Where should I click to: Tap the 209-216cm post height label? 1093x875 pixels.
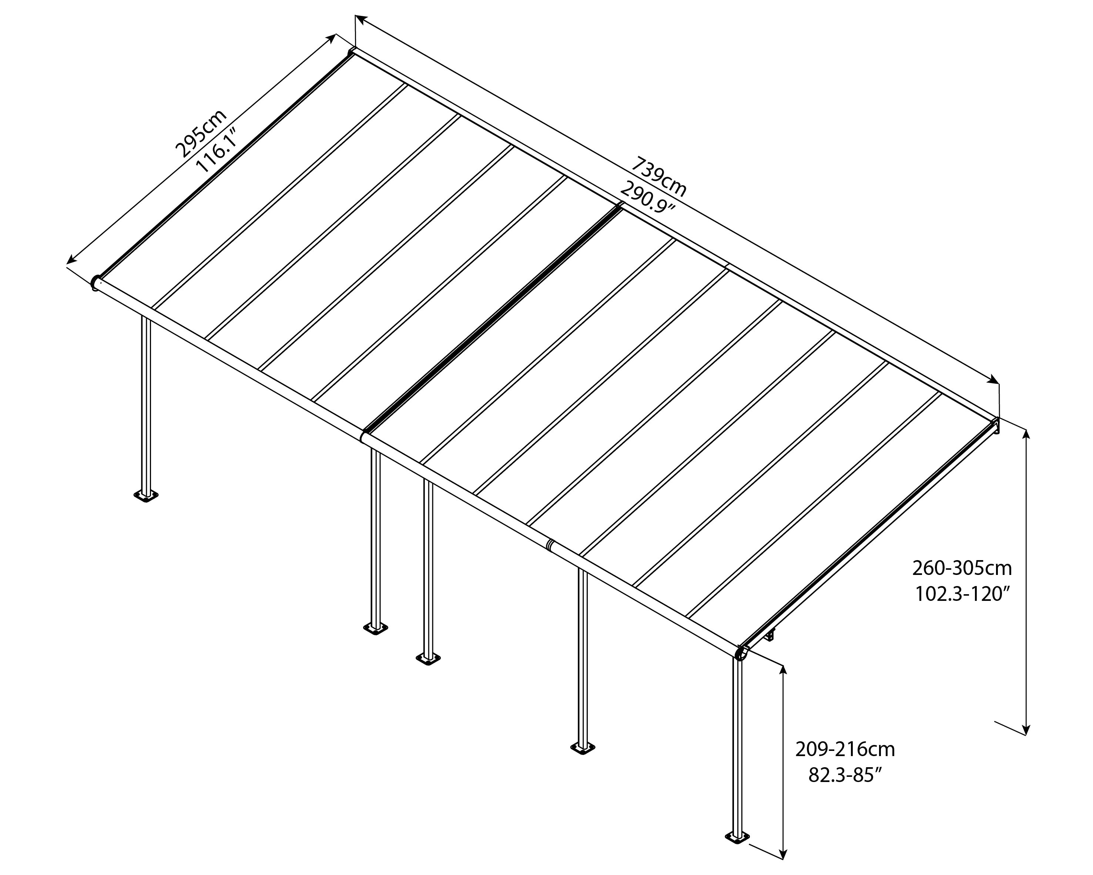845,750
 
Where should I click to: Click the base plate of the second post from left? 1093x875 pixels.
376,629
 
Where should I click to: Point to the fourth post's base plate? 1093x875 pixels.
583,748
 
